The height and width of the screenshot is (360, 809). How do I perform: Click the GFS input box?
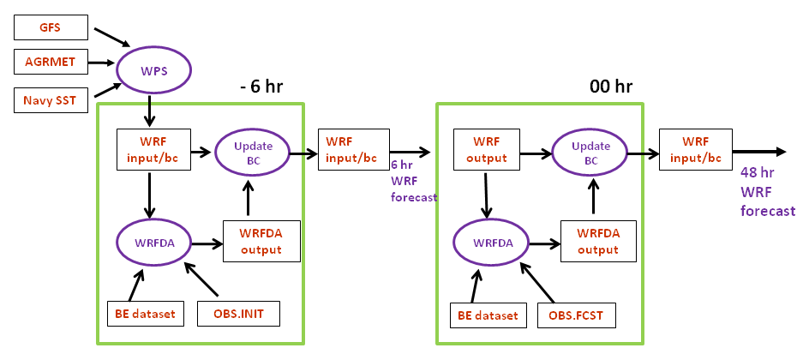50,27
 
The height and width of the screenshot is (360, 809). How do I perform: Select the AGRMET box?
50,63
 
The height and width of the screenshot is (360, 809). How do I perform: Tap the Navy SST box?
50,101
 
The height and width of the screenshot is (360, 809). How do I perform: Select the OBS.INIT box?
239,314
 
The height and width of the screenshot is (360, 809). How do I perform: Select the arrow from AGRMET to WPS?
100,63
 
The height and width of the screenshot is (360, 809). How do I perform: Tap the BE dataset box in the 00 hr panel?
486,315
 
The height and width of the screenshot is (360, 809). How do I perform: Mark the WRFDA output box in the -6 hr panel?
263,243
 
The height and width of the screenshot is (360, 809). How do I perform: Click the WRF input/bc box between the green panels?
352,151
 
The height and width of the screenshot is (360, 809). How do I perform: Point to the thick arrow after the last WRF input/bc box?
761,152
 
